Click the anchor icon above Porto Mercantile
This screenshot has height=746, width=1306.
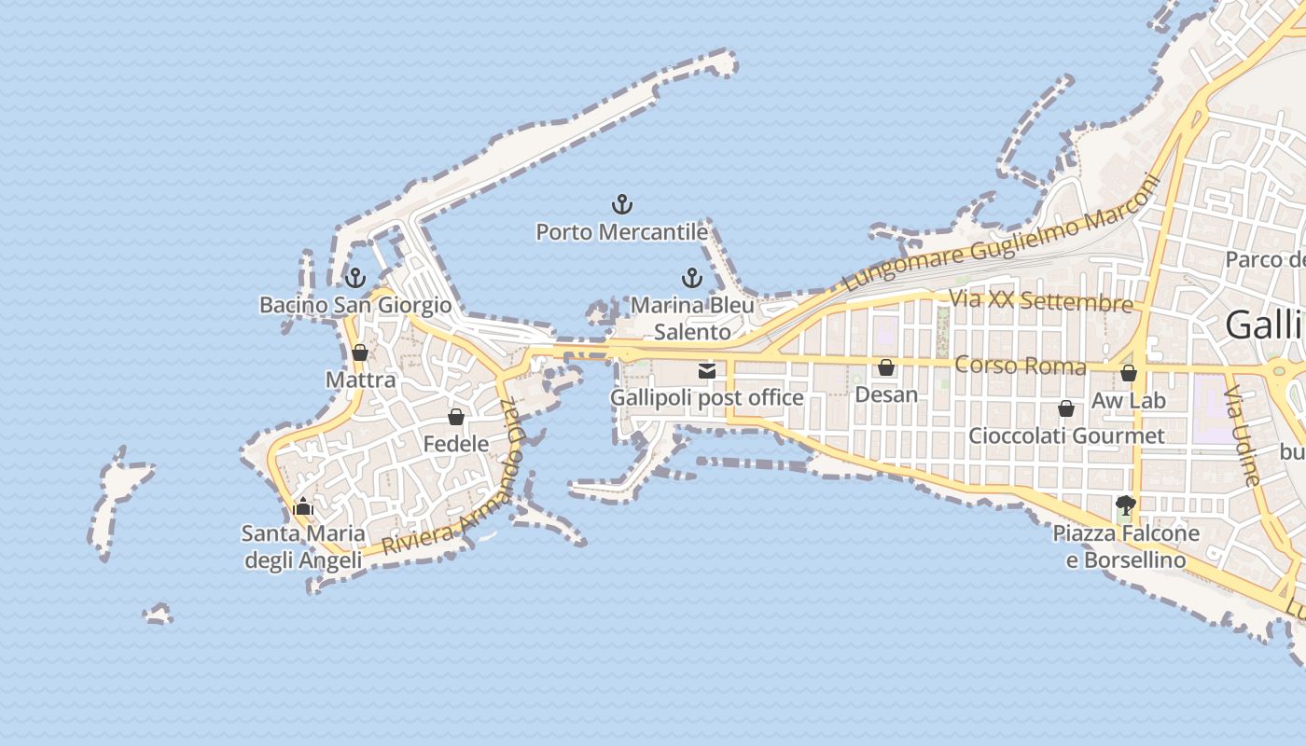click(x=622, y=204)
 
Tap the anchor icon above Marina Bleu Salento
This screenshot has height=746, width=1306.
click(x=692, y=277)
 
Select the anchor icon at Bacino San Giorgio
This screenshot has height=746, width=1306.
click(x=354, y=277)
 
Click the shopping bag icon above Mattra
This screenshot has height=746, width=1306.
click(x=360, y=352)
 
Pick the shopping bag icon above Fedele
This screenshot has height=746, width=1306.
click(x=456, y=417)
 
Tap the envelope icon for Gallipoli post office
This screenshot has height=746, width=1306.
click(x=707, y=371)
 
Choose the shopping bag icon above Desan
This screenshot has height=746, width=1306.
click(x=886, y=367)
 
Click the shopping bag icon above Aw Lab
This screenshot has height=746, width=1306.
click(x=1129, y=374)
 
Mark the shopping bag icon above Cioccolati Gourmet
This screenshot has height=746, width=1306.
click(x=1066, y=408)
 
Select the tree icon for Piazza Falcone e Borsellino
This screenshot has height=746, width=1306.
click(x=1126, y=506)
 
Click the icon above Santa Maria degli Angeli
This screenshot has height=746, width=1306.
click(x=302, y=507)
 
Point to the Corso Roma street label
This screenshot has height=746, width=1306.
click(x=1021, y=365)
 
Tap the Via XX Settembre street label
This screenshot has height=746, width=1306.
click(x=1040, y=301)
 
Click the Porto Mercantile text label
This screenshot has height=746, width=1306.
click(x=621, y=232)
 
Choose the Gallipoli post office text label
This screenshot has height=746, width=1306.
click(x=706, y=398)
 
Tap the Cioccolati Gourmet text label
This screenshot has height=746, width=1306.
click(x=1066, y=435)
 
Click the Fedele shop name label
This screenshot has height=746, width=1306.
click(x=456, y=444)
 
